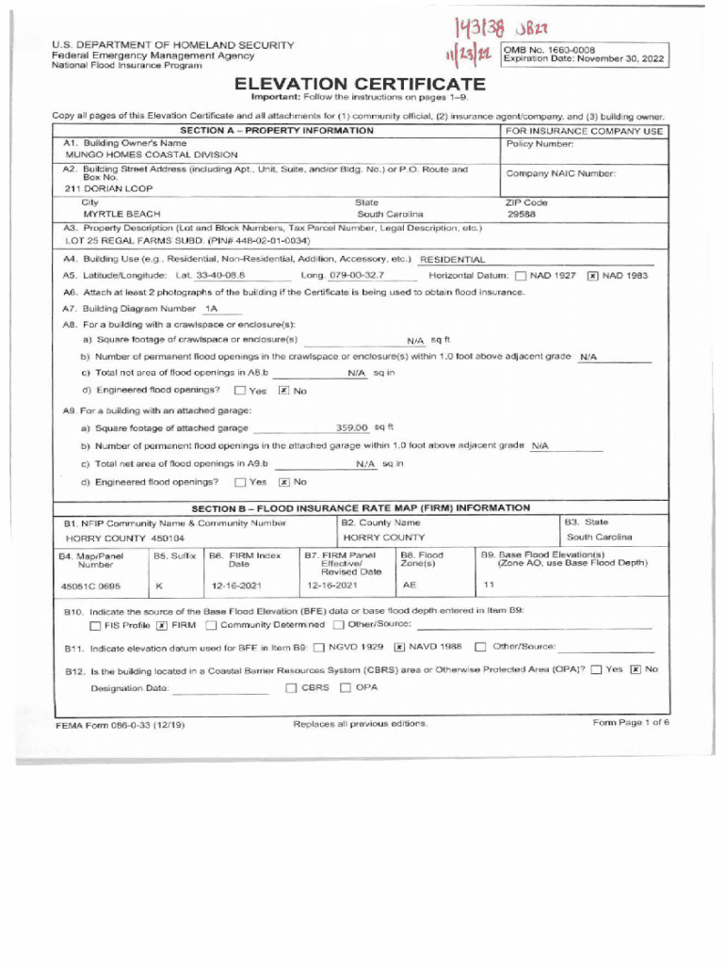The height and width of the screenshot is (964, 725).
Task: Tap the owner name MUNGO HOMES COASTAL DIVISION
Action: (138, 153)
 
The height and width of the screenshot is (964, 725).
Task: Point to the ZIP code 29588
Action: (523, 215)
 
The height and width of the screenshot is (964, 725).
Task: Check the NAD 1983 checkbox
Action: (592, 276)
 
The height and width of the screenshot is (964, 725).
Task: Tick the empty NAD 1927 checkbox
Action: (521, 276)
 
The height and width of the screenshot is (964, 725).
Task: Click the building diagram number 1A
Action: (211, 309)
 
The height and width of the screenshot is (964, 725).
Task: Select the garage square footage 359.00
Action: (351, 428)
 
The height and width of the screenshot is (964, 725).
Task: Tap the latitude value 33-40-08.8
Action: (220, 276)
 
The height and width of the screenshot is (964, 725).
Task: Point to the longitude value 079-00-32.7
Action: (357, 276)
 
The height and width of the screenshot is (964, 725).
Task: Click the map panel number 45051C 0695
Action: (91, 585)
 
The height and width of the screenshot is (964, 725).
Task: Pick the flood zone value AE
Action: (410, 585)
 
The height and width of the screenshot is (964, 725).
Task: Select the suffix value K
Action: (159, 585)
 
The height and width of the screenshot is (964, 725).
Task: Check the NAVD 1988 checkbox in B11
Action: (399, 647)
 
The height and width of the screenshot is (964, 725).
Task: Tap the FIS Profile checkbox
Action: (96, 625)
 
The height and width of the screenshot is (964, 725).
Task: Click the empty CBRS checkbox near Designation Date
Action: (290, 687)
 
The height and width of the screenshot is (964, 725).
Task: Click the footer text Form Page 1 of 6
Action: (631, 723)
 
